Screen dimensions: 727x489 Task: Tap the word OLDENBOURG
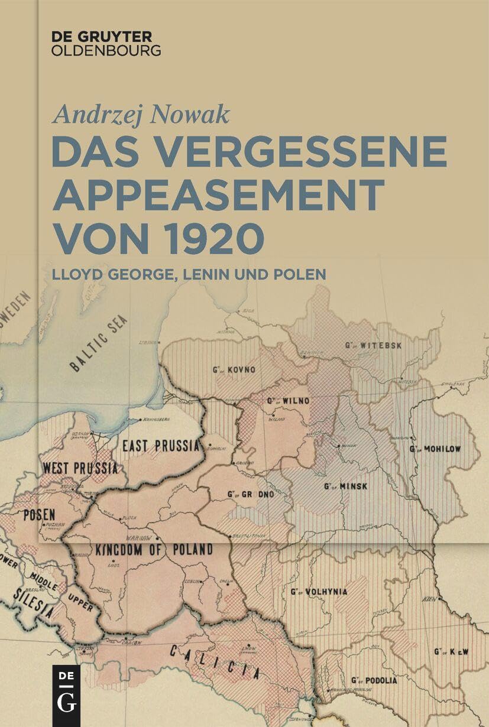[106, 50]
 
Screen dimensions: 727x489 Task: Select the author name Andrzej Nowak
[140, 112]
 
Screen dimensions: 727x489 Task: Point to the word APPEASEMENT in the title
[218, 194]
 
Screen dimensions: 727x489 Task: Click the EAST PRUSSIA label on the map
[160, 445]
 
